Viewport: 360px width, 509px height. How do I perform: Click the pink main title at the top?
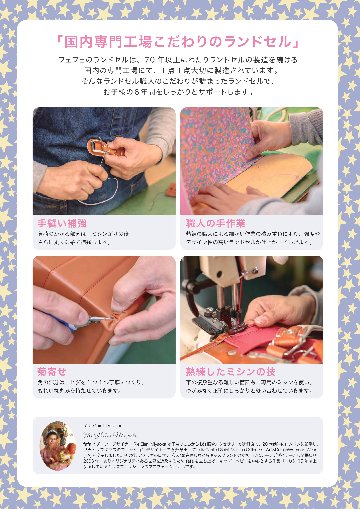point(180,42)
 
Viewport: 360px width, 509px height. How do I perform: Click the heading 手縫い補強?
point(63,223)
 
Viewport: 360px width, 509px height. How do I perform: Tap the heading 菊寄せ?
point(52,371)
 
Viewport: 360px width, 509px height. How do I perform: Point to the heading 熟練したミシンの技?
point(228,371)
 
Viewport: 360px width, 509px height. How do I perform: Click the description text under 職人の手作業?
point(250,238)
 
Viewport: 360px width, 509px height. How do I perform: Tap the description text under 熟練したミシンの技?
point(250,386)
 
